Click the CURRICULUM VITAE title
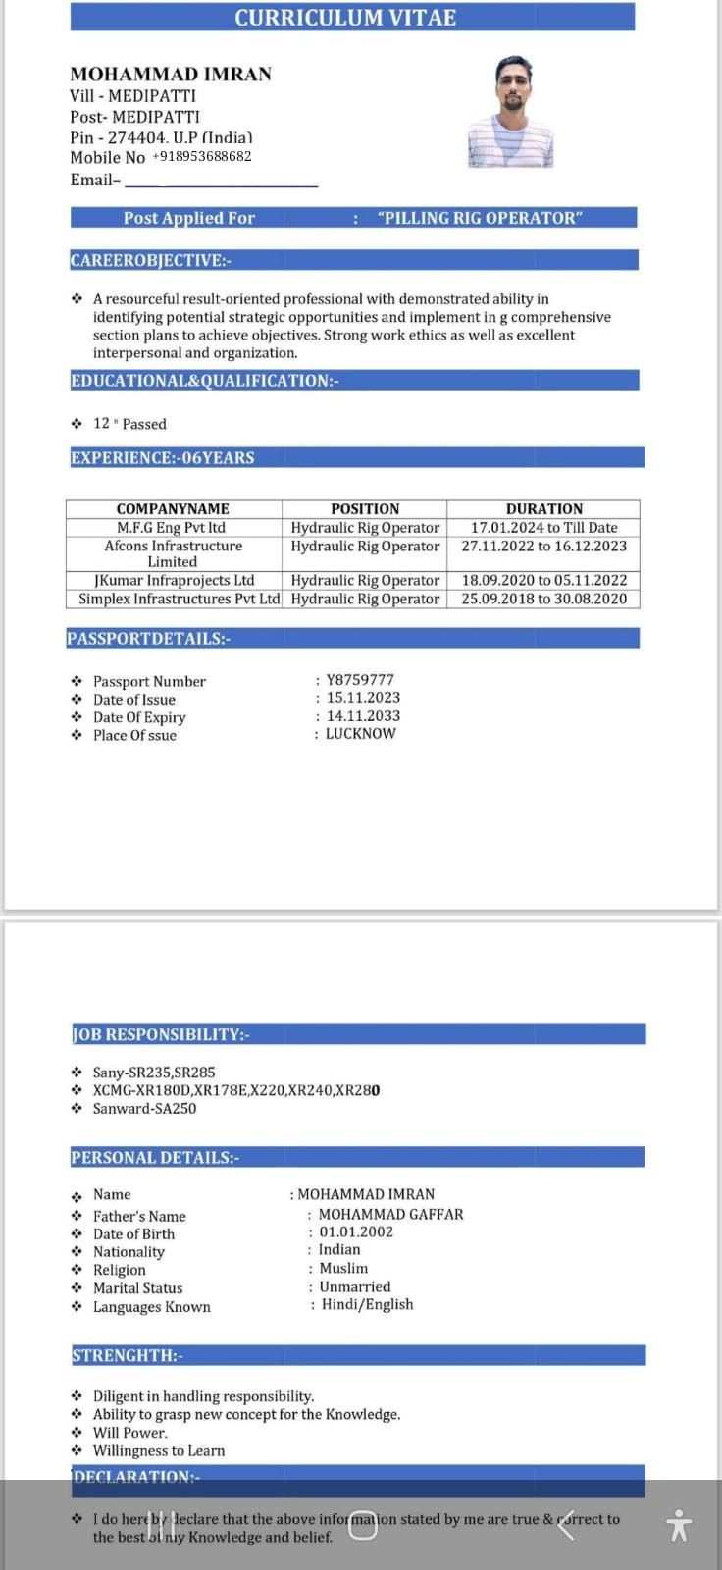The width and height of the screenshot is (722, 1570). coord(345,18)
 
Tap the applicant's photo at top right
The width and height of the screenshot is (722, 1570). coord(510,111)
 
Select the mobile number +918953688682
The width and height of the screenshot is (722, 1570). coord(202,156)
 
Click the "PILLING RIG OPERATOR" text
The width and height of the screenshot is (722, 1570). coord(480,218)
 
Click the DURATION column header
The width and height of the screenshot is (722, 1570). coord(543,508)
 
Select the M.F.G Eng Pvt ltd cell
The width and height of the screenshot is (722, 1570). coord(172,527)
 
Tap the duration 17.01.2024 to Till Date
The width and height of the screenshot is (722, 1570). coord(543,527)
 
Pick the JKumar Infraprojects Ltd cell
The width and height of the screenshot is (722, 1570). coord(174,580)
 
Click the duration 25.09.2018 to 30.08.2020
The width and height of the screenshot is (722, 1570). coord(543,599)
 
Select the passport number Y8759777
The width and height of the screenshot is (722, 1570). coord(360,679)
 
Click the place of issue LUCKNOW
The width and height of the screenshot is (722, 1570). coord(360,733)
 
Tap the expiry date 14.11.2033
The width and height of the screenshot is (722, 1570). coord(363,715)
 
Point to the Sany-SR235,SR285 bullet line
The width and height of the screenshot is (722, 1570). coord(154,1073)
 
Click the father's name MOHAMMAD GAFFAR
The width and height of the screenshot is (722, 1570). coord(390,1214)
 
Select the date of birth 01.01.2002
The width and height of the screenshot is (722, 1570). coord(356,1231)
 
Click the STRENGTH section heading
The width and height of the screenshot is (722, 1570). coord(128,1355)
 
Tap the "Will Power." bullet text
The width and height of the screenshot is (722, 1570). coord(130,1433)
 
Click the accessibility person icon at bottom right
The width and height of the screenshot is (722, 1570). coord(678,1525)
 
